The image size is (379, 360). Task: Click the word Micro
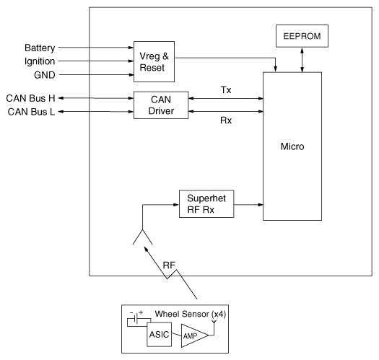(x=292, y=146)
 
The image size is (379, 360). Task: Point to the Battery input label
(x=40, y=48)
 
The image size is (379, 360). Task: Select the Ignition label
(x=40, y=61)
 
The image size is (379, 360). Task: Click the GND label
(x=45, y=75)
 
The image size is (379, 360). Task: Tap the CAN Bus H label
(x=31, y=98)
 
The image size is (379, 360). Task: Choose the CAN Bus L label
(x=31, y=112)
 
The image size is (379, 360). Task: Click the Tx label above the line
(x=226, y=89)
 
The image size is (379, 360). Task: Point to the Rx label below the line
(x=226, y=120)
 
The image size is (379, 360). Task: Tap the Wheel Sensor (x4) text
(x=191, y=314)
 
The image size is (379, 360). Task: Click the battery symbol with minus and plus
(x=136, y=317)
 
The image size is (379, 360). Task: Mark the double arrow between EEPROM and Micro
(x=302, y=60)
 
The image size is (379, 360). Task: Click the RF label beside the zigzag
(x=169, y=265)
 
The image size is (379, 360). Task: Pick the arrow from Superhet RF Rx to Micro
(x=248, y=205)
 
